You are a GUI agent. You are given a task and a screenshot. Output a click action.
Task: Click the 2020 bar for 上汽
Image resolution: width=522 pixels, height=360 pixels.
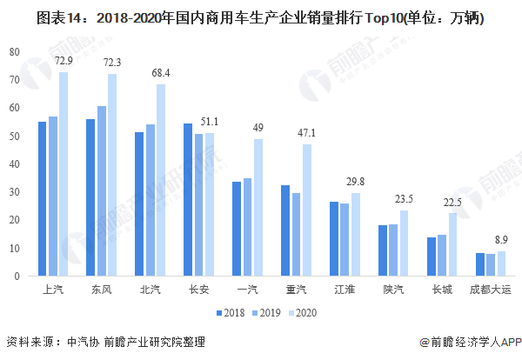pos(64,174)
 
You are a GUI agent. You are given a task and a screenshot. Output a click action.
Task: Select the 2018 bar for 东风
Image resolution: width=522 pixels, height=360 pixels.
pos(90,197)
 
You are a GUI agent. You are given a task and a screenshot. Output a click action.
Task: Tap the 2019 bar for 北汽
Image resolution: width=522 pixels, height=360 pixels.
pos(151,200)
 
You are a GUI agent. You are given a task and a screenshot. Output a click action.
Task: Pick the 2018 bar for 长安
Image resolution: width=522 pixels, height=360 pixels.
pos(188,200)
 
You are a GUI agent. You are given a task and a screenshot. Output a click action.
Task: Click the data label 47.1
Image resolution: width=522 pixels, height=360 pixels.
pos(307,134)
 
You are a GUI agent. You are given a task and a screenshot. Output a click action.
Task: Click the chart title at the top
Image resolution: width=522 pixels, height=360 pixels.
pos(261,17)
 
